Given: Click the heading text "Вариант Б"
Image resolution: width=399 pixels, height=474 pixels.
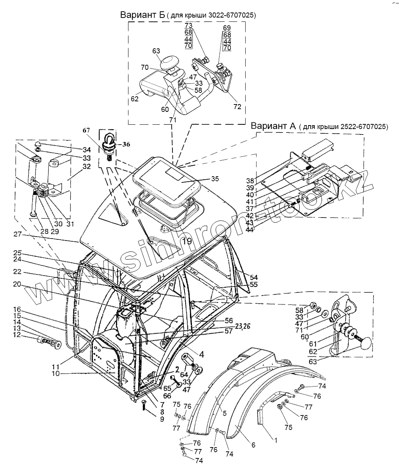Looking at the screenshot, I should [142, 15].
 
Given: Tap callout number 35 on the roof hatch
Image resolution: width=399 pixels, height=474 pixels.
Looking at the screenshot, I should [215, 179].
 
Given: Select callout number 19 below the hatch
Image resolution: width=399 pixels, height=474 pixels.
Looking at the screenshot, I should [187, 241].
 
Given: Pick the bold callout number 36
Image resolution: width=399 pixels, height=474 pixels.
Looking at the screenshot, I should [126, 144].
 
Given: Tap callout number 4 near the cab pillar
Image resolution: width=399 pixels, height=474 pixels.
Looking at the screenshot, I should [202, 354].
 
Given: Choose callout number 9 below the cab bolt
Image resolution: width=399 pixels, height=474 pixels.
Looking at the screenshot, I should [162, 419].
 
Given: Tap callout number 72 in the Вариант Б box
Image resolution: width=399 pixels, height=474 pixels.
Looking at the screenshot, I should [237, 106].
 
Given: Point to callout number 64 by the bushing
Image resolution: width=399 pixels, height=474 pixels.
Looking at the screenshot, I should [184, 375].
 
